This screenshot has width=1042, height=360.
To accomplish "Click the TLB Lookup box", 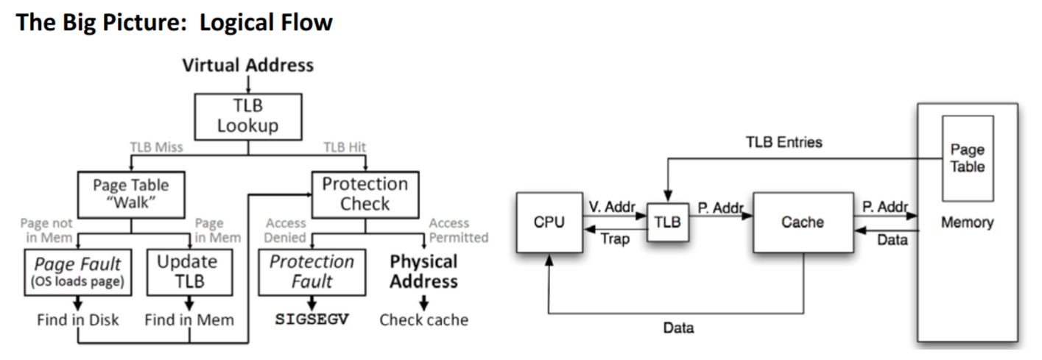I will (x=247, y=116).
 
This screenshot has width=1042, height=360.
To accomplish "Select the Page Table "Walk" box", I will (x=130, y=194).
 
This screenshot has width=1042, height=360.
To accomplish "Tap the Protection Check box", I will (x=365, y=194).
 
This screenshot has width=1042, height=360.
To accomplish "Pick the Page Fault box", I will (x=79, y=272).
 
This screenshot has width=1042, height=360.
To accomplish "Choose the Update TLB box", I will (x=189, y=271).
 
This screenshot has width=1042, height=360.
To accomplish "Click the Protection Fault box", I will (x=311, y=272).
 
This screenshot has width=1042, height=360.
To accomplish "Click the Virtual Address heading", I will (x=247, y=65).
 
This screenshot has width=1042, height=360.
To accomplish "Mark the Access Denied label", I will (x=286, y=230).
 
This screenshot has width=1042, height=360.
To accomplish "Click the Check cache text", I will (x=423, y=320).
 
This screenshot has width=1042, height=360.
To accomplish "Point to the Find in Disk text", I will (x=78, y=320).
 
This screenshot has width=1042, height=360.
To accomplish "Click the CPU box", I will (x=549, y=222).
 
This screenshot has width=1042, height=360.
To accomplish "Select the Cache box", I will (x=803, y=222).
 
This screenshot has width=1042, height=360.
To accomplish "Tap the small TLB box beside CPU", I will (x=668, y=222).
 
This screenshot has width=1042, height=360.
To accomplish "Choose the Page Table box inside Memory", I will (x=968, y=158).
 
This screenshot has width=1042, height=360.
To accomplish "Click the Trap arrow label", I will (x=615, y=239).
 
